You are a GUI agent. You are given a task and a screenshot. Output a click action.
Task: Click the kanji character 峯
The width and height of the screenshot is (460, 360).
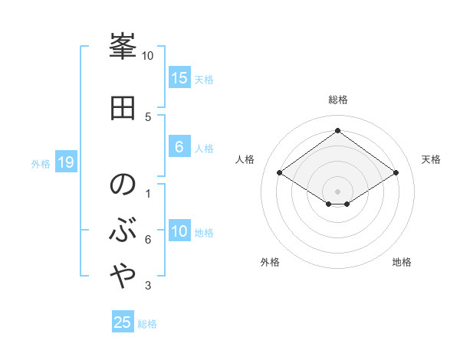[x=123, y=50]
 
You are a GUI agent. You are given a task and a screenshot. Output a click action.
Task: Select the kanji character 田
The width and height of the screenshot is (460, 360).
[x=123, y=109]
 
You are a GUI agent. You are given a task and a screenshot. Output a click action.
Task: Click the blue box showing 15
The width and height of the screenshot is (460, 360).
[x=179, y=77]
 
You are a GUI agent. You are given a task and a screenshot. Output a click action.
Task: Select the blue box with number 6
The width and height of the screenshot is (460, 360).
[x=179, y=147]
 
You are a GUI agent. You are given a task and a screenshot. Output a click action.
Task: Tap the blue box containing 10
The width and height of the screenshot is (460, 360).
[x=179, y=231]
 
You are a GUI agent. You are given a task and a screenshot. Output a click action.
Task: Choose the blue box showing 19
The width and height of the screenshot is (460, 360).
[x=65, y=162]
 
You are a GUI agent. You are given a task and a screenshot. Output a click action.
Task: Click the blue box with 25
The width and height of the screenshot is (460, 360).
[x=123, y=322]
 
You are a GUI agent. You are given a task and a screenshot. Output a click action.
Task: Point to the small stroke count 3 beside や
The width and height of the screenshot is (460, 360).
[x=148, y=286]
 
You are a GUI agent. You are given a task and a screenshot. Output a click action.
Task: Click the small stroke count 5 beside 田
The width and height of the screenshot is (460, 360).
[x=148, y=116]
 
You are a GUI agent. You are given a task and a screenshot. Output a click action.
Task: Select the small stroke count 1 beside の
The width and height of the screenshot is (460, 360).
[x=148, y=193]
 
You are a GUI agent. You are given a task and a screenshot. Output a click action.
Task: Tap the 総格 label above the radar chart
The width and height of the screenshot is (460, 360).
[x=337, y=100]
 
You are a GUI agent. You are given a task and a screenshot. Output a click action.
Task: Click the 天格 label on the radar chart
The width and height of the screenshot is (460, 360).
[x=431, y=159]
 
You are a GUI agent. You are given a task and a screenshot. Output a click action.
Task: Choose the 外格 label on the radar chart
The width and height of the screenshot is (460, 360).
[x=270, y=262]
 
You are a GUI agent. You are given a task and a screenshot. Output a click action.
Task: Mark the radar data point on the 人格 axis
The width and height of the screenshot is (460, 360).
[x=280, y=173]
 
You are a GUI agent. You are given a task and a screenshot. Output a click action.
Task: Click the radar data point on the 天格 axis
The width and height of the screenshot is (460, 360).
[x=396, y=173]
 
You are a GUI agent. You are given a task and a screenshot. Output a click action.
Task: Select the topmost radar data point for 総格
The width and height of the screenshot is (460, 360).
[x=337, y=130]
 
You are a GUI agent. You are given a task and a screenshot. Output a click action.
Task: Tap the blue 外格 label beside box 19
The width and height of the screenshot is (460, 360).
[x=41, y=163]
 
